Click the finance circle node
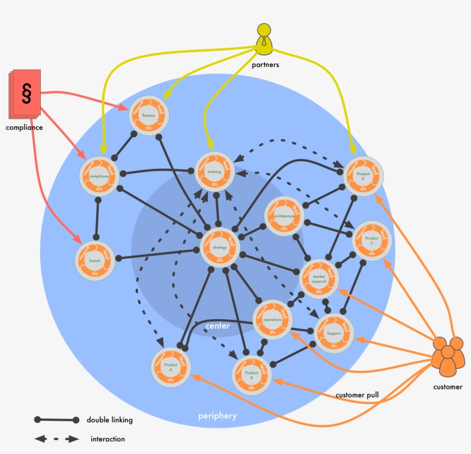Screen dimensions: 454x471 149,115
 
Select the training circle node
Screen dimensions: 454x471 214,172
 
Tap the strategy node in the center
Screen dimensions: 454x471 219,247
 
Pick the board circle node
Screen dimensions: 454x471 95,261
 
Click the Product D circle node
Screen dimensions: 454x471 363,176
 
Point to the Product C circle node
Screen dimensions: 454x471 372,241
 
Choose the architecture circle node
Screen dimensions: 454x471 284,216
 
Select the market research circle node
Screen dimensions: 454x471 319,278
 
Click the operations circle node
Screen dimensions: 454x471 272,319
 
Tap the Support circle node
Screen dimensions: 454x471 334,333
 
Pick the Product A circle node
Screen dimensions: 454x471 171,367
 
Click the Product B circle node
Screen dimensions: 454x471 252,375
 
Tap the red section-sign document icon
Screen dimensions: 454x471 25,93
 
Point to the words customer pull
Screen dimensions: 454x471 357,395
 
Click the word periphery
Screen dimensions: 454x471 217,416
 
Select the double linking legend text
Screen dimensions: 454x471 110,420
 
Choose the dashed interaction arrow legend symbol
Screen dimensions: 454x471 56,439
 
